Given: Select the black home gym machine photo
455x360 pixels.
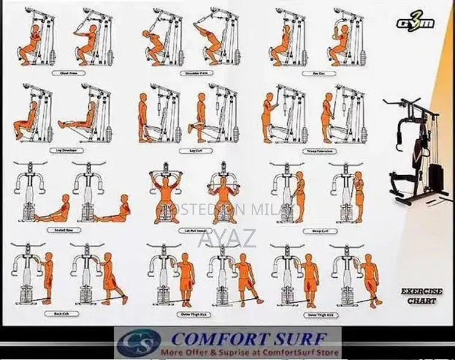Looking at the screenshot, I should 417,153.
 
